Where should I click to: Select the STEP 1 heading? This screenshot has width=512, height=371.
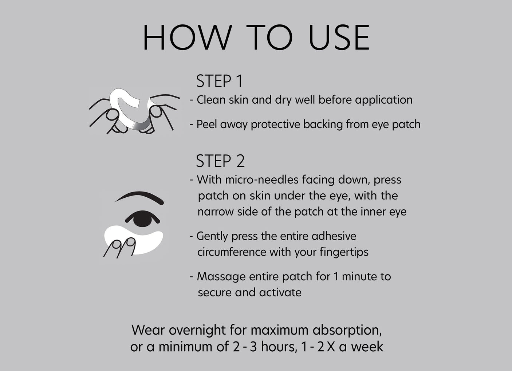(219, 81)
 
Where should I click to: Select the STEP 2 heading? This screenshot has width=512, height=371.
(220, 161)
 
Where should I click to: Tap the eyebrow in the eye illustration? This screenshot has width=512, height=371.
(139, 197)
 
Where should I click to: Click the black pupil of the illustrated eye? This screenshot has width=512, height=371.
(142, 219)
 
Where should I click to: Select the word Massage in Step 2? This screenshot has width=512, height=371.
(221, 277)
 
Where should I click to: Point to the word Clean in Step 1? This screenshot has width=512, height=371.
(211, 100)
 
